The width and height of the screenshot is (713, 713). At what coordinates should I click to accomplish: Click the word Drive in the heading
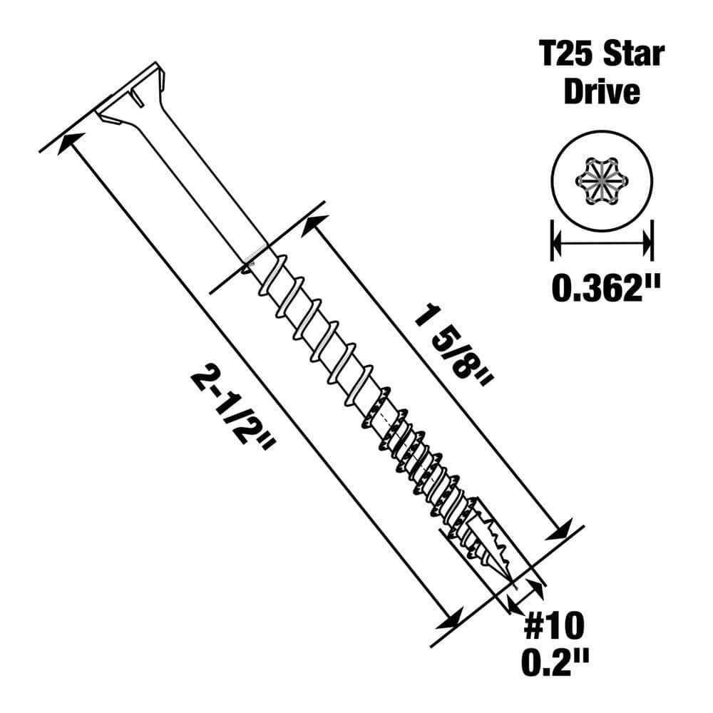(x=602, y=93)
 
